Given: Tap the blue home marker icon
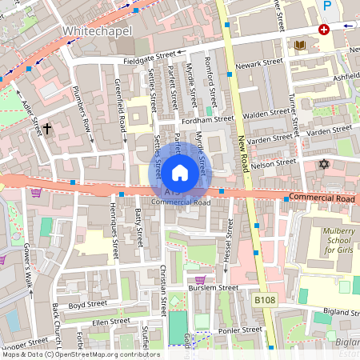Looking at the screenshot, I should (180, 172).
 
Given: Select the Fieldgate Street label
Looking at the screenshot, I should (150, 58).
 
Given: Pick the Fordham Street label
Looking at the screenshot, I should (207, 118).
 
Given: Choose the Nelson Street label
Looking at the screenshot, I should (273, 164).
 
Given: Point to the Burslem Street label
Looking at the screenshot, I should (213, 287).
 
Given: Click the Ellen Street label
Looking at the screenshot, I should (110, 322).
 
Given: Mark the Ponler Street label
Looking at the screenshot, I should (241, 330).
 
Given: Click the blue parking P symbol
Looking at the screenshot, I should (326, 6).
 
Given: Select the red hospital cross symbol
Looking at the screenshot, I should (324, 30).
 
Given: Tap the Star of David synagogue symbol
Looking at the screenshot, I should (324, 164).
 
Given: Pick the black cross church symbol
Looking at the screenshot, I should (47, 127).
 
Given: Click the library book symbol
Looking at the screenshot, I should (300, 46).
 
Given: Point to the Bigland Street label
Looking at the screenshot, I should (336, 311).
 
